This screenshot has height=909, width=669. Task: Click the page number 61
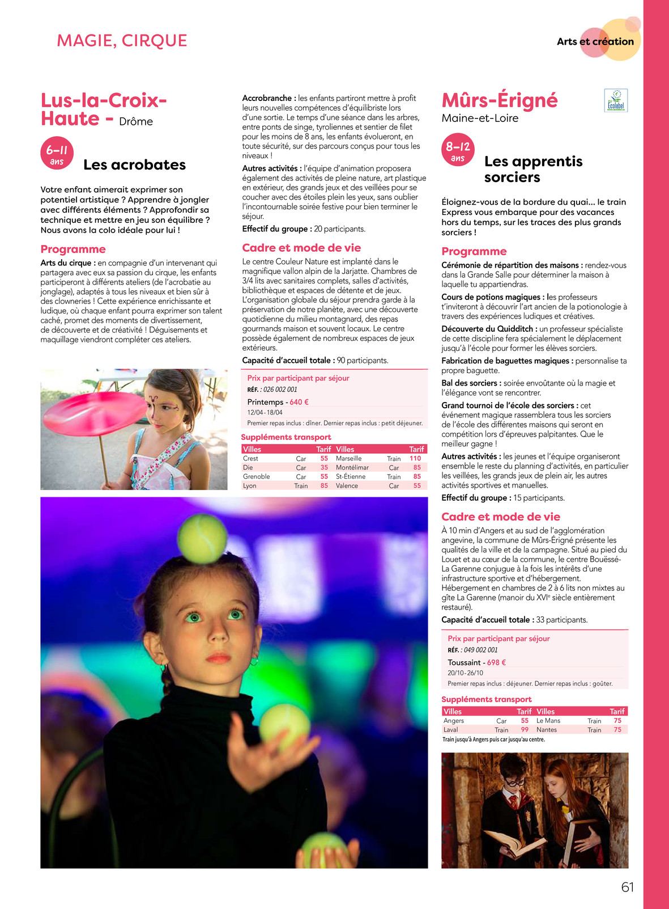627,887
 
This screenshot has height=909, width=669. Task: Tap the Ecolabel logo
616,100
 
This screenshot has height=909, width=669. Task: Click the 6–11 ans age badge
57,153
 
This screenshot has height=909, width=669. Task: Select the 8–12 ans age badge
458,150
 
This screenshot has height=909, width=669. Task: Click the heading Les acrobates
134,165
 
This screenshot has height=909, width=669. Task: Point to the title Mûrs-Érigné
499,100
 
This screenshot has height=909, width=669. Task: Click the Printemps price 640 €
299,402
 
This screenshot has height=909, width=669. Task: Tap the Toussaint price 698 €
496,662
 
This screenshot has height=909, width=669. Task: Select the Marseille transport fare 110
415,458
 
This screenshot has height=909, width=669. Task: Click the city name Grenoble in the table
256,476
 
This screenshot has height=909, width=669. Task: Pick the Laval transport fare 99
525,730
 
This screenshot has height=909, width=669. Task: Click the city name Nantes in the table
547,730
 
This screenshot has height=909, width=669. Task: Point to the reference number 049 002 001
480,650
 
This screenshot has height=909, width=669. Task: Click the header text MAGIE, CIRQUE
122,41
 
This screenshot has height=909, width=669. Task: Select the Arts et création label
595,41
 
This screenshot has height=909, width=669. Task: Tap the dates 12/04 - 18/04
265,412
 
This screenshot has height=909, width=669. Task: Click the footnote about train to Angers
493,739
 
